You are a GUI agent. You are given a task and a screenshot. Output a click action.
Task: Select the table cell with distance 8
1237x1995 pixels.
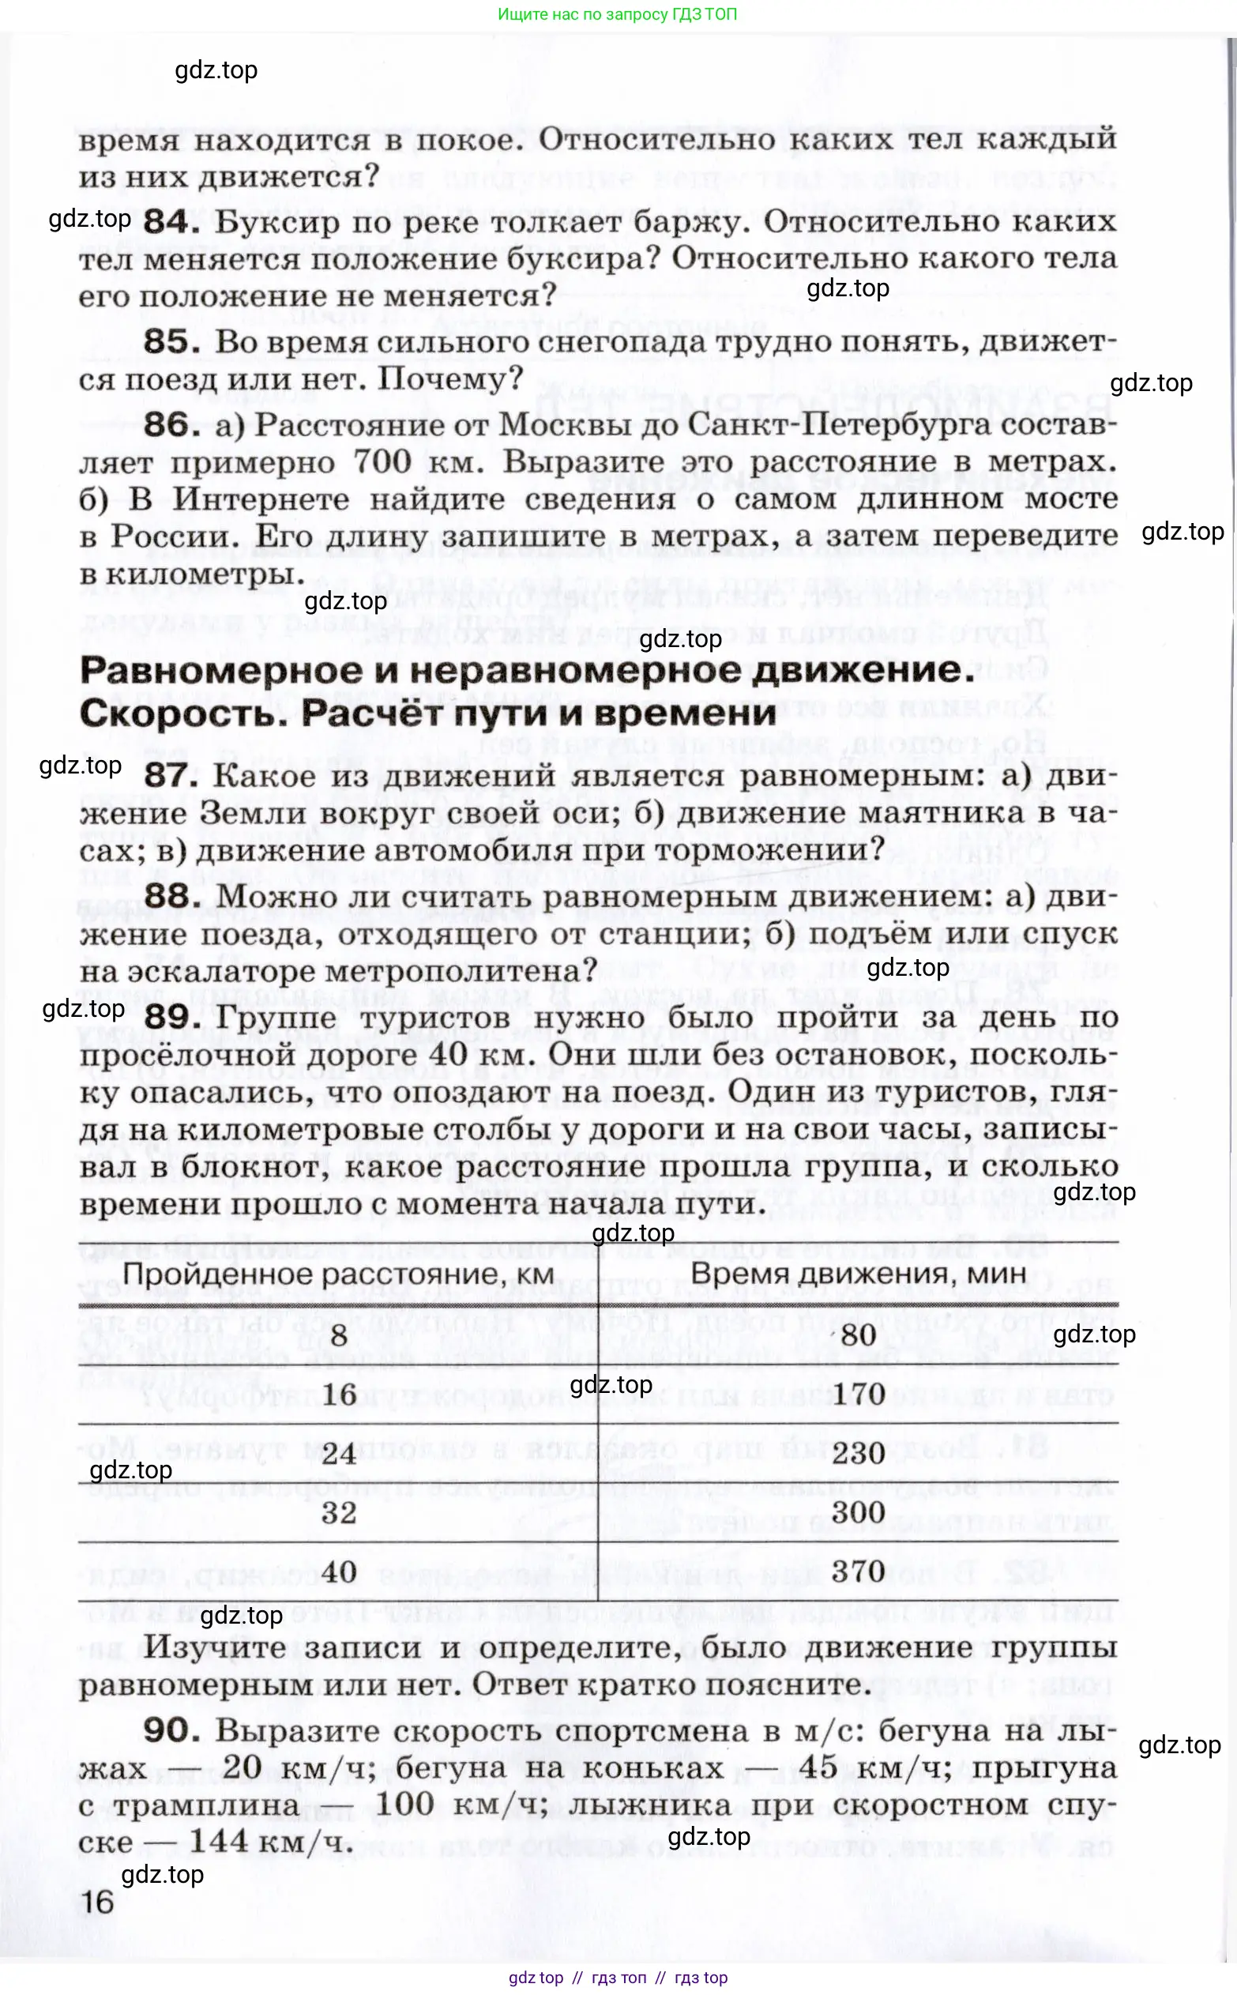click(339, 1337)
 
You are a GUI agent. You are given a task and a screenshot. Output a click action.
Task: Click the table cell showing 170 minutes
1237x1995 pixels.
click(858, 1395)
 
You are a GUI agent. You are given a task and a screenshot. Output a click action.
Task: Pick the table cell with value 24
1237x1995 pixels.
click(339, 1453)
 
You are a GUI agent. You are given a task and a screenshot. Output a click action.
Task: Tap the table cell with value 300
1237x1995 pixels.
click(858, 1512)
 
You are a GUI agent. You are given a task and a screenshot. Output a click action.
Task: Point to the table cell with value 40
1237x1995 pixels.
click(339, 1572)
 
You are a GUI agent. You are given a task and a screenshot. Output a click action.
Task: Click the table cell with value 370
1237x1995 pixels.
click(858, 1572)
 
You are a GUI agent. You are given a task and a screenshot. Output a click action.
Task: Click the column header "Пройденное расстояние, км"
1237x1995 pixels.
click(339, 1274)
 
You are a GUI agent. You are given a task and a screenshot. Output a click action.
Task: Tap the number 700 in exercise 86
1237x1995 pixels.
click(382, 462)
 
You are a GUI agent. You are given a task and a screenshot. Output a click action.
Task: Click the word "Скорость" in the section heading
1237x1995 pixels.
click(183, 713)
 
